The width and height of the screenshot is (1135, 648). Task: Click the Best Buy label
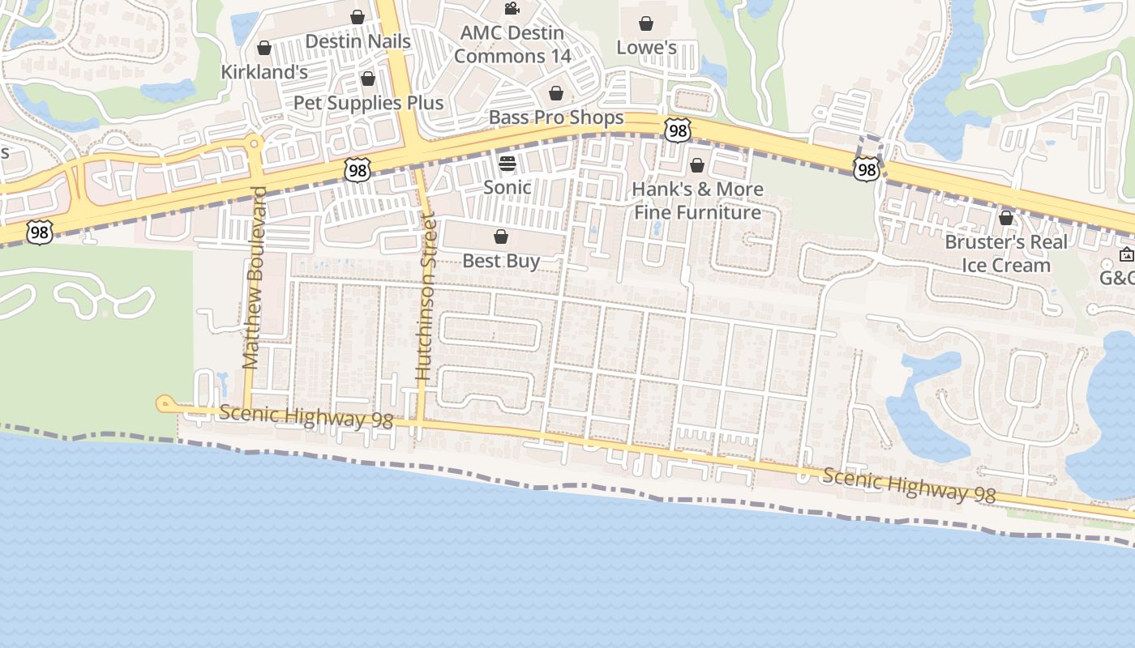501,261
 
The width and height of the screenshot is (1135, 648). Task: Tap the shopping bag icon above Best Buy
501,237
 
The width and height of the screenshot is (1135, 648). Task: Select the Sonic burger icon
508,164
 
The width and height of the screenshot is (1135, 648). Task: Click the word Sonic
508,187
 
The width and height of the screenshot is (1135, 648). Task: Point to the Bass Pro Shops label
556,117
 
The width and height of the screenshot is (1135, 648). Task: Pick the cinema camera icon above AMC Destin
512,9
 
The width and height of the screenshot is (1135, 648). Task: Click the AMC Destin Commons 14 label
512,45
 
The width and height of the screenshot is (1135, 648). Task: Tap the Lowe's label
646,47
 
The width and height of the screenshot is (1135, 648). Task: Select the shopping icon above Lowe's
646,23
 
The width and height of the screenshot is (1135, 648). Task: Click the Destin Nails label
358,40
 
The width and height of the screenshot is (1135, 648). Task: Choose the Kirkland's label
264,72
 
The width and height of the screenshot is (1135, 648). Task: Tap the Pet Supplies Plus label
368,103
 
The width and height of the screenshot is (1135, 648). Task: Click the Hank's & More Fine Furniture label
697,201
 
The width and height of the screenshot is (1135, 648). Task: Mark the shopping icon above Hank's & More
697,166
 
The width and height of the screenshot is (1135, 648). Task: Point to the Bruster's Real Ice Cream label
1006,254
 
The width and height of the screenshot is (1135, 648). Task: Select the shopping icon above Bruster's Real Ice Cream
1006,218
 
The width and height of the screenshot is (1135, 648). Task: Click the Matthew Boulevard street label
255,278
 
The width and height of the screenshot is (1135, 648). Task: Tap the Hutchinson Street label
425,296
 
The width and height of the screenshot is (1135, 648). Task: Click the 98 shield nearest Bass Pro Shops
678,130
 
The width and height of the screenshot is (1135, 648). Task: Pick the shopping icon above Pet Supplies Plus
368,79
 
